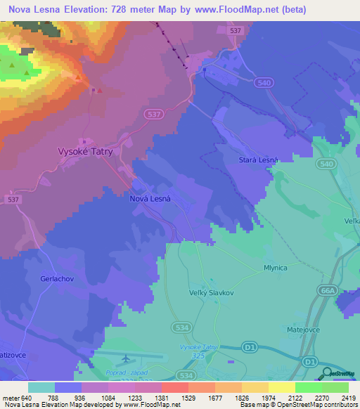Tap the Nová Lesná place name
click(151, 199)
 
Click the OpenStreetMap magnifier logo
click(327, 373)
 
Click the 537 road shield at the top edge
click(236, 31)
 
